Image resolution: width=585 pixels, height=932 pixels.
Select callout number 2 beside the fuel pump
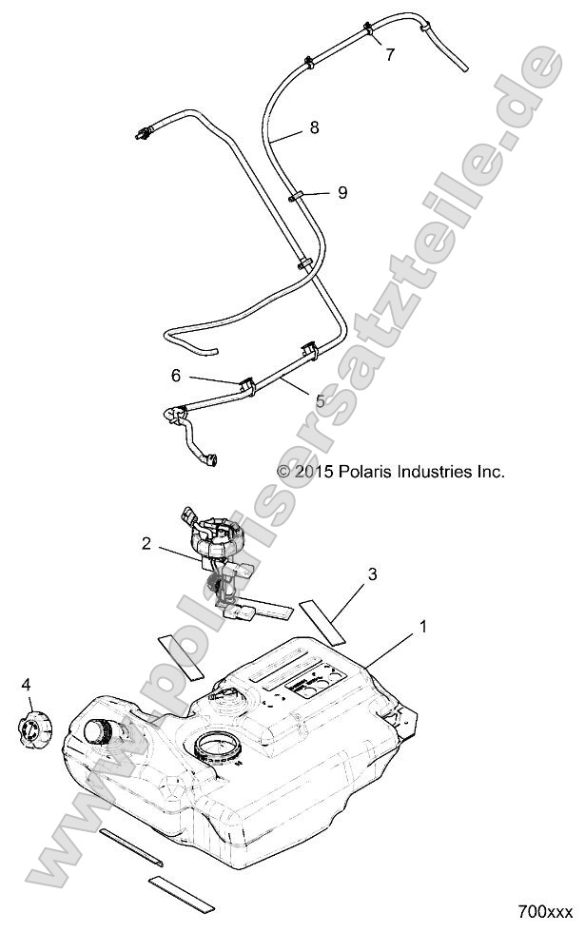tap(146, 544)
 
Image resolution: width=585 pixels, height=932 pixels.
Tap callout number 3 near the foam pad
tap(373, 573)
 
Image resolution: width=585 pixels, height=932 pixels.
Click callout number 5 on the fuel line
tap(320, 401)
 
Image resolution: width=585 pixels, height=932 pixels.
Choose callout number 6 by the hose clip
tap(176, 376)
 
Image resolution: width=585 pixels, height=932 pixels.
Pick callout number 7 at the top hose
tap(389, 55)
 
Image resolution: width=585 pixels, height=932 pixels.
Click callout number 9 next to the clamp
tap(342, 192)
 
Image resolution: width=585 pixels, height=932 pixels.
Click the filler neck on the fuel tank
tap(99, 732)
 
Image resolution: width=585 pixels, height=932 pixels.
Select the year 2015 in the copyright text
tap(312, 471)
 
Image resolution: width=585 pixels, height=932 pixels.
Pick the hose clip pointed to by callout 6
tap(246, 386)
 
